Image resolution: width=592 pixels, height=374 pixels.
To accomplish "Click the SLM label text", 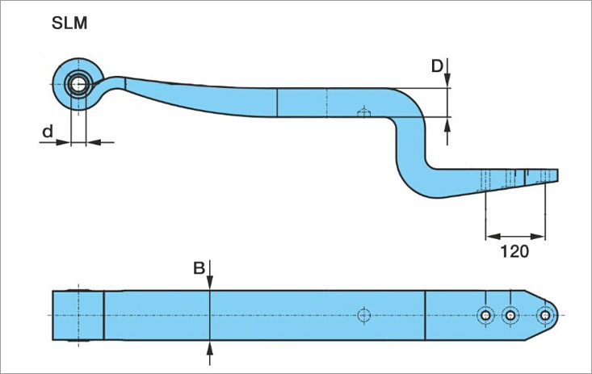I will [x=69, y=23].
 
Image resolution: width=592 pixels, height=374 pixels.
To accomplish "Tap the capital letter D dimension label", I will [x=437, y=66].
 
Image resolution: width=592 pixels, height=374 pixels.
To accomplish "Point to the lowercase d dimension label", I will [x=48, y=130].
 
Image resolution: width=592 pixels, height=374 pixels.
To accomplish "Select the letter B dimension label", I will [x=198, y=269].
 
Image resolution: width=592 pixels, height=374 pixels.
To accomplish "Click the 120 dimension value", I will [x=514, y=251].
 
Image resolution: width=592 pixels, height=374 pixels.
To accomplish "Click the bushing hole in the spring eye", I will [x=78, y=83].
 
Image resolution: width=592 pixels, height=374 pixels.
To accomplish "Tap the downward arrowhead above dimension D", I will [x=449, y=81].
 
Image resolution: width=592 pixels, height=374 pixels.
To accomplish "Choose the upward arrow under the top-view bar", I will [x=210, y=348].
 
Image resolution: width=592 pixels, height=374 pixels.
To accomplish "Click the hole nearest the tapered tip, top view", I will [x=546, y=315].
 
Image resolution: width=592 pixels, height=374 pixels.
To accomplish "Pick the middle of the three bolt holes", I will [x=509, y=315].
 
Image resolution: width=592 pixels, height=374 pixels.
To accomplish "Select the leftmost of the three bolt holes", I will [x=485, y=315].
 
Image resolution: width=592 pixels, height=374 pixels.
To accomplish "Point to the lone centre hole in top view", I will [x=363, y=314].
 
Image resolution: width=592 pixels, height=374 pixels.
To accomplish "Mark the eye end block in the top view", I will [x=78, y=314].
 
